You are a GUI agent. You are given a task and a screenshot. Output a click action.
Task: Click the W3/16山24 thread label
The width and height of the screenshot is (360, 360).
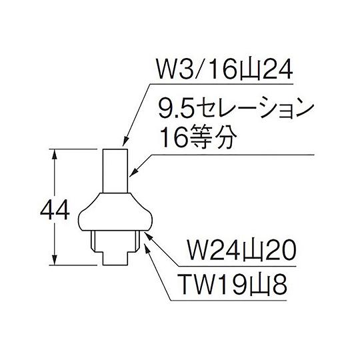(224, 69)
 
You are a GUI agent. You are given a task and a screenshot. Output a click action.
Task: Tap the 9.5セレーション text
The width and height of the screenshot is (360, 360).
(237, 111)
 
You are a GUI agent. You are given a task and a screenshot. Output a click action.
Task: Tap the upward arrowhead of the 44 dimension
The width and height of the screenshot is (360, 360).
(55, 155)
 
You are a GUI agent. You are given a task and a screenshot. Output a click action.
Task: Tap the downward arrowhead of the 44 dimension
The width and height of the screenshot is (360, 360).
(55, 260)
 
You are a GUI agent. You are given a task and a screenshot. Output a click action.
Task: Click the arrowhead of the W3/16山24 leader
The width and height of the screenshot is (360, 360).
(125, 141)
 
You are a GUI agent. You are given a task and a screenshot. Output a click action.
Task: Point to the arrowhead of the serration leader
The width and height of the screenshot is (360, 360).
(133, 173)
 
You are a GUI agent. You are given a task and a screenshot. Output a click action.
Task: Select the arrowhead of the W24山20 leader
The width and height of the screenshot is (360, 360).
(148, 235)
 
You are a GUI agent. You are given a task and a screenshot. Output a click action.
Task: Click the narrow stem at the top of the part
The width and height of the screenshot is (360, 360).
(115, 171)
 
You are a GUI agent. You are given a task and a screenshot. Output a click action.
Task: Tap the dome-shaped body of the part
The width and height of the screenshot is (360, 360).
(115, 211)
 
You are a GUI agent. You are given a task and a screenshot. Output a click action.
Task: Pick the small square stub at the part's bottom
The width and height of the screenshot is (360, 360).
(115, 258)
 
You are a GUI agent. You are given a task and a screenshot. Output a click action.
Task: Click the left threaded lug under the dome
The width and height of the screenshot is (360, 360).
(93, 241)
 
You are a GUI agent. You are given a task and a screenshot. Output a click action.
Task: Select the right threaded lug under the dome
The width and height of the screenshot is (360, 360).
(138, 241)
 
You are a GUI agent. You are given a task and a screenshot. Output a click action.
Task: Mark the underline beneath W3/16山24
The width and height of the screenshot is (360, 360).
(221, 84)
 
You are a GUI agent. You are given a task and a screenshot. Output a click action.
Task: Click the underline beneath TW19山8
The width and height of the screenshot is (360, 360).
(229, 300)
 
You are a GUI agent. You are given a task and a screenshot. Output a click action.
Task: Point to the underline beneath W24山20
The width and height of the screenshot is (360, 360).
(237, 266)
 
